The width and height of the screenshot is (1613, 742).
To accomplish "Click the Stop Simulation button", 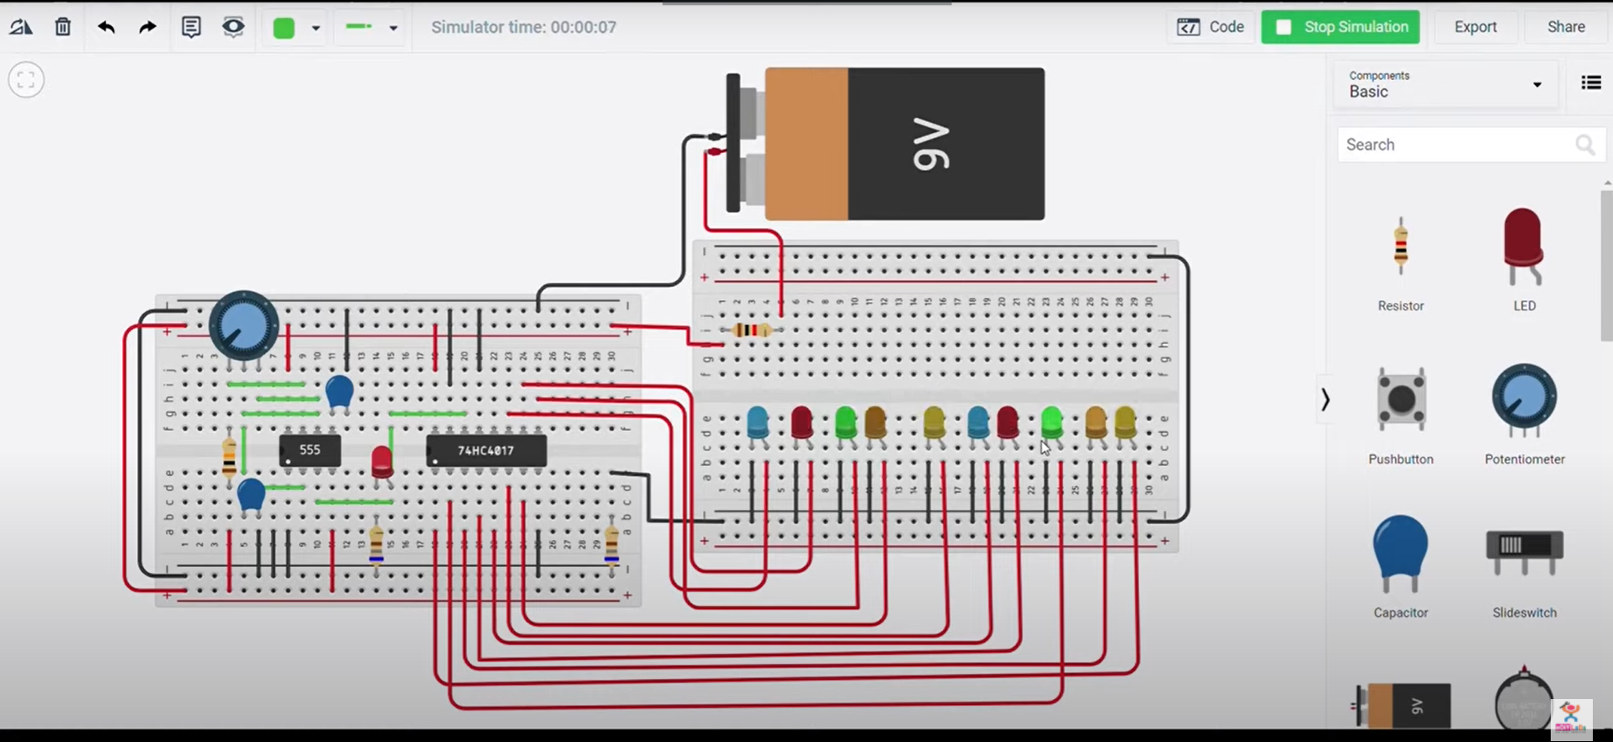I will (1340, 27).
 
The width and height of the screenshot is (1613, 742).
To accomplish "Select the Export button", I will (1475, 27).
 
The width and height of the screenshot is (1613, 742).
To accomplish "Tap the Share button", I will (1565, 27).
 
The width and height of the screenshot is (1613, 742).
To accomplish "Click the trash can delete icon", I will (63, 27).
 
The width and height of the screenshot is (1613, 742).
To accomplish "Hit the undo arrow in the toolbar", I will (106, 27).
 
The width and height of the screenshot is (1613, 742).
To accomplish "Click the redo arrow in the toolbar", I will (147, 27).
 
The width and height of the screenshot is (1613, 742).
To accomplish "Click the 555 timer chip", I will (310, 451).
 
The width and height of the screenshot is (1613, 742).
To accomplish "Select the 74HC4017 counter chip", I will (486, 451).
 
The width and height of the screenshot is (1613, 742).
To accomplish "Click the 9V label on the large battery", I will (931, 145).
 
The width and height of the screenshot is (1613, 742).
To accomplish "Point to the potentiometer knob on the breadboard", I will (243, 326).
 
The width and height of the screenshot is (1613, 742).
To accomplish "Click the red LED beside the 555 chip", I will (381, 460).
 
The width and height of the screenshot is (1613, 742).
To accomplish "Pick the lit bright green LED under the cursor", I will (1051, 420).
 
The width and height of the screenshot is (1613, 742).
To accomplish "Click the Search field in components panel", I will (1456, 145).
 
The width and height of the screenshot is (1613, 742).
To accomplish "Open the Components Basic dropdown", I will (1445, 84).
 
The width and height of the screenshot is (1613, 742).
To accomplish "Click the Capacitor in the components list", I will (1401, 551).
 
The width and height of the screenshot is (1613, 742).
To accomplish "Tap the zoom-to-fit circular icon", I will (26, 80).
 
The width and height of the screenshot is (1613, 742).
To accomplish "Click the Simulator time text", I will (524, 27).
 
